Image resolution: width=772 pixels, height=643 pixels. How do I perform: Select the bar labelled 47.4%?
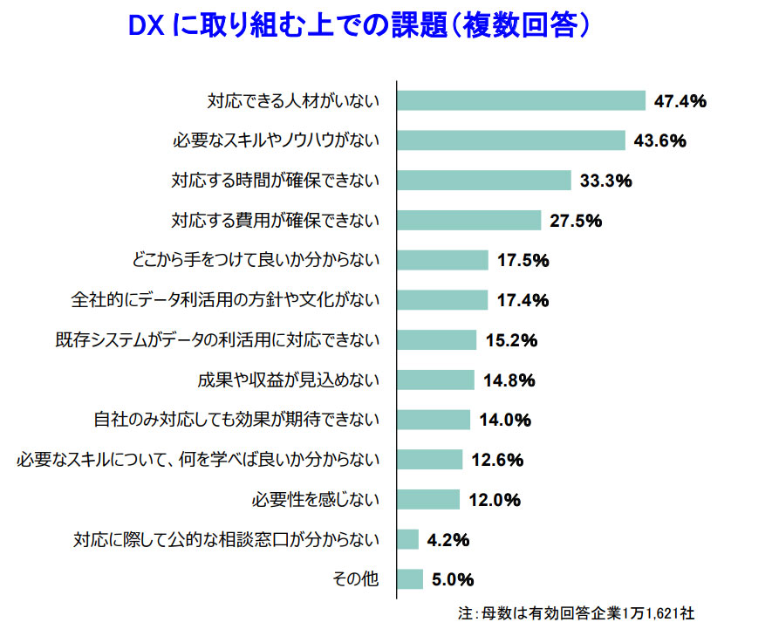pos(521,100)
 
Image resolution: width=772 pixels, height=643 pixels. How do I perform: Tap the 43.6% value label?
pos(660,140)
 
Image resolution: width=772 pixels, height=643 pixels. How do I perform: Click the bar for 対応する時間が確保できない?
pos(484,181)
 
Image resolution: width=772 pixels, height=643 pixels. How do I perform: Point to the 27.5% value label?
pos(577,221)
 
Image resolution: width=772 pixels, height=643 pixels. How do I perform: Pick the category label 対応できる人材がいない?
pos(293,101)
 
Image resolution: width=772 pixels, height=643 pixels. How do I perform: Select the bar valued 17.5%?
pos(442,260)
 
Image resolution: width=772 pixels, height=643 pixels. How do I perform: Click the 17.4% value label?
pos(523,300)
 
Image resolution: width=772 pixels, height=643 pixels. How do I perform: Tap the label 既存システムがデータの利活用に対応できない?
pos(217,340)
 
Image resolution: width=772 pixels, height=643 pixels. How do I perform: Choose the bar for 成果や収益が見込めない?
pos(435,380)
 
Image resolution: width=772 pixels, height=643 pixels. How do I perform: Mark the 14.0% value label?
pos(505,420)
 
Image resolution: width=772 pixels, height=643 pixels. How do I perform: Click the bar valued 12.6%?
pos(429,460)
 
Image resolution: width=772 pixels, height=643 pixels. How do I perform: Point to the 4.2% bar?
pos(407,539)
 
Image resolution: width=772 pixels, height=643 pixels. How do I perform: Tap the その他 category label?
pos(357,579)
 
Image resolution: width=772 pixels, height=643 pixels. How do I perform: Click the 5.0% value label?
pos(451,579)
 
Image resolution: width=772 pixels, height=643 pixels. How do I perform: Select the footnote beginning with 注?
pos(576,614)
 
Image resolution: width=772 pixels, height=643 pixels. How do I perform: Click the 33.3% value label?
pos(606,181)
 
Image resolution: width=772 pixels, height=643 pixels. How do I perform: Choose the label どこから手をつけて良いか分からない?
pos(254,260)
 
